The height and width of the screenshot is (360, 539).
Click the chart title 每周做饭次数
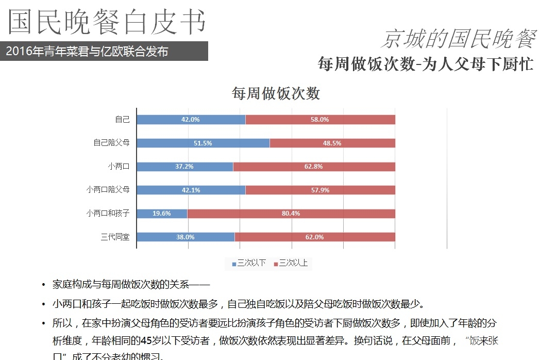(x=276, y=93)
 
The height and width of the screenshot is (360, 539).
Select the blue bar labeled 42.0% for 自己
(x=191, y=120)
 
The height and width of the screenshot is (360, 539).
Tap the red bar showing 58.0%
(x=320, y=120)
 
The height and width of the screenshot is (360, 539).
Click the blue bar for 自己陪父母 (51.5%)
(x=203, y=143)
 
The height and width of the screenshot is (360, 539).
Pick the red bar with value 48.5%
(x=332, y=143)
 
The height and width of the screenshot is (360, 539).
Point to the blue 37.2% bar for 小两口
(x=184, y=167)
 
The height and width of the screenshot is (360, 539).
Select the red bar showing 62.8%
(x=314, y=167)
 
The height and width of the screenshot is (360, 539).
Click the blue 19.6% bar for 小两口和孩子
(x=162, y=213)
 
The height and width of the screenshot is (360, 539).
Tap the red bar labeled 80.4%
(x=291, y=213)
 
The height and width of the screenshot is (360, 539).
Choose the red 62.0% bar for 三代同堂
(x=314, y=237)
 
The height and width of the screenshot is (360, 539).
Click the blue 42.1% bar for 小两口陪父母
(x=191, y=190)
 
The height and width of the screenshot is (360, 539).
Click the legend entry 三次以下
(x=249, y=264)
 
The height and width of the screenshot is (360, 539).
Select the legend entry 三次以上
(x=291, y=264)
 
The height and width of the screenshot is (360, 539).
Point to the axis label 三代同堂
(x=115, y=237)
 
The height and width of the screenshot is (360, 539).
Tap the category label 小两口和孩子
(x=108, y=213)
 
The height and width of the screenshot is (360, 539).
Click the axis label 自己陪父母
(x=111, y=143)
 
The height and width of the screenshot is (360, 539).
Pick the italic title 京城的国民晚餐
(x=458, y=39)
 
